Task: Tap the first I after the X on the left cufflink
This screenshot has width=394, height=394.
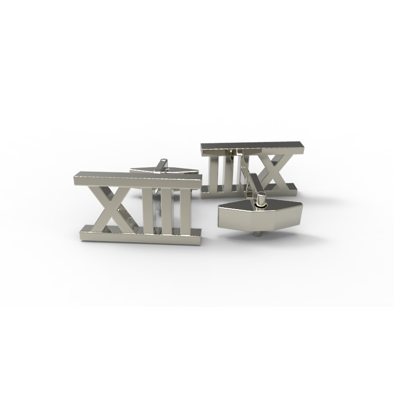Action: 148,208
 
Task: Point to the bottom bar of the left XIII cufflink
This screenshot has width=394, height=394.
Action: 140,235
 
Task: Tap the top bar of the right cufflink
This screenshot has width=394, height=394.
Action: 252,148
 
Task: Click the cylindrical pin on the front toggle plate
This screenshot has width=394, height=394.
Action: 261,199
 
